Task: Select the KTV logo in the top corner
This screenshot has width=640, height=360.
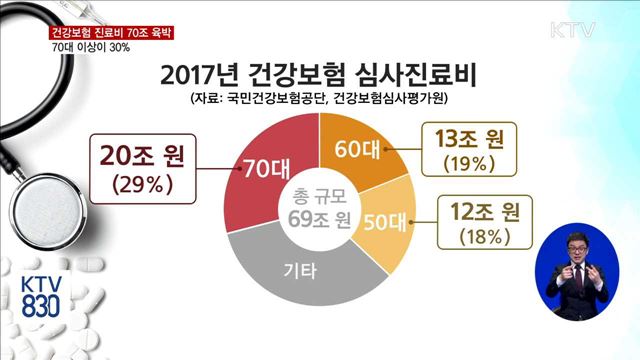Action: (574, 29)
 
